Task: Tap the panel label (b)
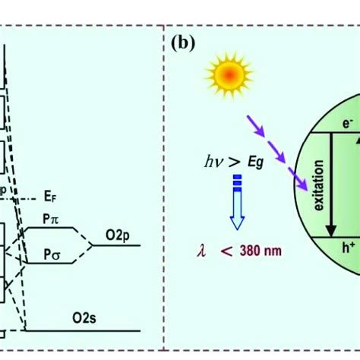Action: point(183,43)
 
